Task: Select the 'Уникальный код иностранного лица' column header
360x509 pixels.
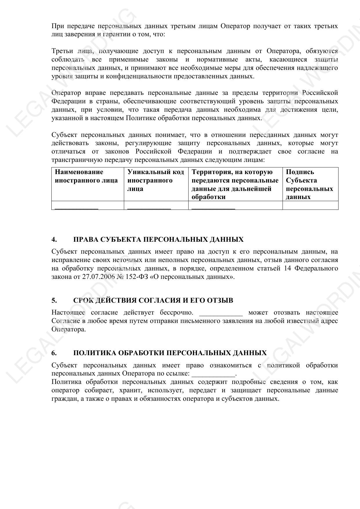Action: [156, 180]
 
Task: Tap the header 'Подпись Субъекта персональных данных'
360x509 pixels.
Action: [309, 184]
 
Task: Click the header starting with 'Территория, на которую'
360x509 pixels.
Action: [235, 184]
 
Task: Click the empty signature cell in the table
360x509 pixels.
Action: [310, 205]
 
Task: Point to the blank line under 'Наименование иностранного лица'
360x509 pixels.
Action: [77, 207]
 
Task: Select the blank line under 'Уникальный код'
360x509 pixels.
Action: [149, 207]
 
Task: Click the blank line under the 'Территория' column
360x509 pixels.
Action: [213, 207]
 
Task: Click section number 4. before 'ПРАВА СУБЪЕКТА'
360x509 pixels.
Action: [54, 239]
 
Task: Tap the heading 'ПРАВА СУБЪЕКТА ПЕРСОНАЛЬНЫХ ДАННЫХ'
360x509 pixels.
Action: [158, 239]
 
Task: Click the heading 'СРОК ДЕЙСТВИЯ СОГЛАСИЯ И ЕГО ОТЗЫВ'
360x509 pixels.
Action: [153, 300]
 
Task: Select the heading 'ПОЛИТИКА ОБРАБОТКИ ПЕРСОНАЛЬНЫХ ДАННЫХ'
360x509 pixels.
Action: [170, 353]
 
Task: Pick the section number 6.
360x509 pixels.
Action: [54, 353]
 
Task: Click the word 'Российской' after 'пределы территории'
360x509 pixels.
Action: [320, 93]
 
